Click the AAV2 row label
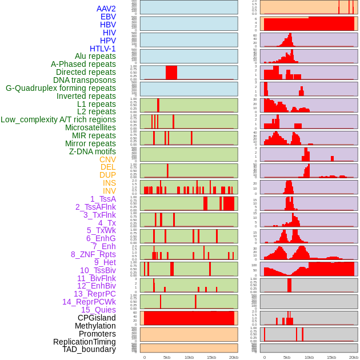[106, 9]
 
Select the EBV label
[108, 17]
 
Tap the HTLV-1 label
[102, 49]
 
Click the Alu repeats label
[95, 56]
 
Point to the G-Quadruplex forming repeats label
[61, 88]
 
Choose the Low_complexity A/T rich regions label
[58, 119]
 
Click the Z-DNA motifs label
[92, 151]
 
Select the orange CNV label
[107, 159]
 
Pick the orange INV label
[109, 191]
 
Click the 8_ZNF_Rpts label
[93, 254]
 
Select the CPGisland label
[97, 318]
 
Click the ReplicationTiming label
[84, 342]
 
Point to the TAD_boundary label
[89, 349]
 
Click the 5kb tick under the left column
[166, 357]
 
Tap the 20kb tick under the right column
[354, 357]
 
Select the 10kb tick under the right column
[309, 357]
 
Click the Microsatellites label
[90, 127]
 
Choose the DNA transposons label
[85, 80]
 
